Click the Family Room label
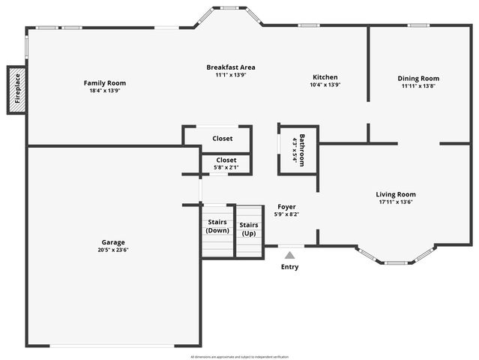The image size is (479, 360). (105, 83)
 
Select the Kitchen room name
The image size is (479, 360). (325, 77)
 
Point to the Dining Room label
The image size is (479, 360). (418, 78)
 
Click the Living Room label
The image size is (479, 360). (396, 194)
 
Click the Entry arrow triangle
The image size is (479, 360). (289, 255)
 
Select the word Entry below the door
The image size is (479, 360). (289, 267)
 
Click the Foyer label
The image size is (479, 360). (286, 206)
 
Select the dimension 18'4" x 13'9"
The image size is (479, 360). (105, 91)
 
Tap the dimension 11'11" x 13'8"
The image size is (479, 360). (418, 85)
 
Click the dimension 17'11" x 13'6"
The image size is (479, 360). (396, 202)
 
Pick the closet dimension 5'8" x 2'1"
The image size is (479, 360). (226, 167)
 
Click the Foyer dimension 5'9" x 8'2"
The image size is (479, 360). (286, 214)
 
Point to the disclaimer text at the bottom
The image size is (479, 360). (239, 356)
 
